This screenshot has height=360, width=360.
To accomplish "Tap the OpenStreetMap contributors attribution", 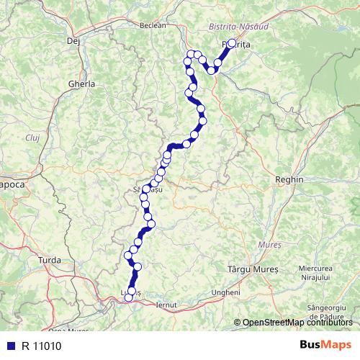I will [x=297, y=323].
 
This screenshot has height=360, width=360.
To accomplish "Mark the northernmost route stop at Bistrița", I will [x=231, y=43].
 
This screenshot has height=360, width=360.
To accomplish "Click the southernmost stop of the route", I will [x=129, y=297].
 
